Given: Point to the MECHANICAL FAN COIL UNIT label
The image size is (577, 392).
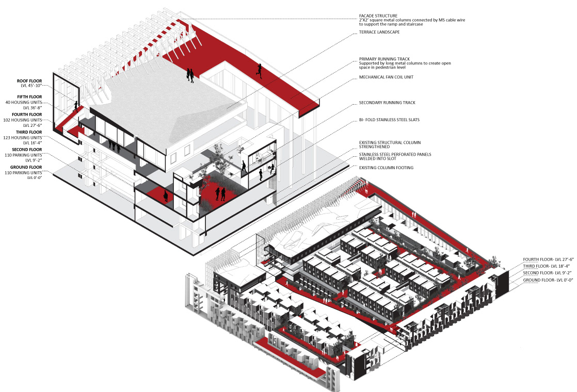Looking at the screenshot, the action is click(387, 77).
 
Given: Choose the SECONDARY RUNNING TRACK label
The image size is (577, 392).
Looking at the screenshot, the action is click(387, 103).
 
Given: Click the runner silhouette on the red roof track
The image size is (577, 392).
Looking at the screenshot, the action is click(259, 71).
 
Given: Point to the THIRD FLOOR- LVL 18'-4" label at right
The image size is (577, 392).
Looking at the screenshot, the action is click(546, 266).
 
